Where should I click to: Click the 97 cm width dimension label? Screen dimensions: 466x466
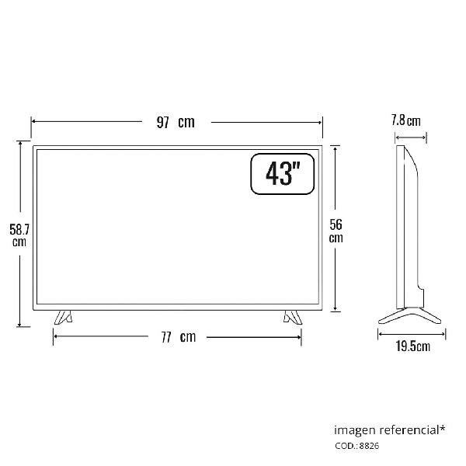(176, 122)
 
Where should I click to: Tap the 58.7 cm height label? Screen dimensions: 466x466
(19, 235)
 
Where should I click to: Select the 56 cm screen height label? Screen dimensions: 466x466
(336, 231)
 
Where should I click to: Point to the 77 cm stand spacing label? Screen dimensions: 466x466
(179, 337)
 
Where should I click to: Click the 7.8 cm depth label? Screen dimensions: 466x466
(405, 120)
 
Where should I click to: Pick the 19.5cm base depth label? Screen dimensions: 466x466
(413, 346)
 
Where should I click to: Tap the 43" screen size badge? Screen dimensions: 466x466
(283, 174)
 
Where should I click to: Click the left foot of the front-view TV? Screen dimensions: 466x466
(63, 318)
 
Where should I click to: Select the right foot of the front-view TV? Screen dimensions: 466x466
(293, 318)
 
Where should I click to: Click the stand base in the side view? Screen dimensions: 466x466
(410, 315)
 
